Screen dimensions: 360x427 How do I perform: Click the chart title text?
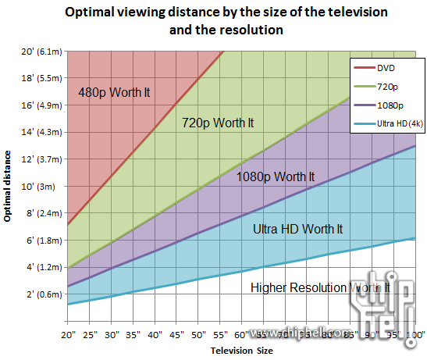(226, 22)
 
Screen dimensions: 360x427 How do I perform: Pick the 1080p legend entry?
(389, 104)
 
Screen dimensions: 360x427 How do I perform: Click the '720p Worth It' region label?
(218, 123)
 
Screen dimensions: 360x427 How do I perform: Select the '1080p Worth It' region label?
(276, 176)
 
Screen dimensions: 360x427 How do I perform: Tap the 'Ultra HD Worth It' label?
(298, 230)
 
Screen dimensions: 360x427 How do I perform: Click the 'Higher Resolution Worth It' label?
(319, 288)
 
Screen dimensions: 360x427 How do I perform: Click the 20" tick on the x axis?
(68, 336)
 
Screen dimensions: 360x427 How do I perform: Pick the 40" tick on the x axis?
(155, 336)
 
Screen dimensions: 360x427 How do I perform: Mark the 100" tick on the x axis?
(414, 336)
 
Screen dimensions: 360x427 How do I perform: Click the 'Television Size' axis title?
(242, 351)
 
